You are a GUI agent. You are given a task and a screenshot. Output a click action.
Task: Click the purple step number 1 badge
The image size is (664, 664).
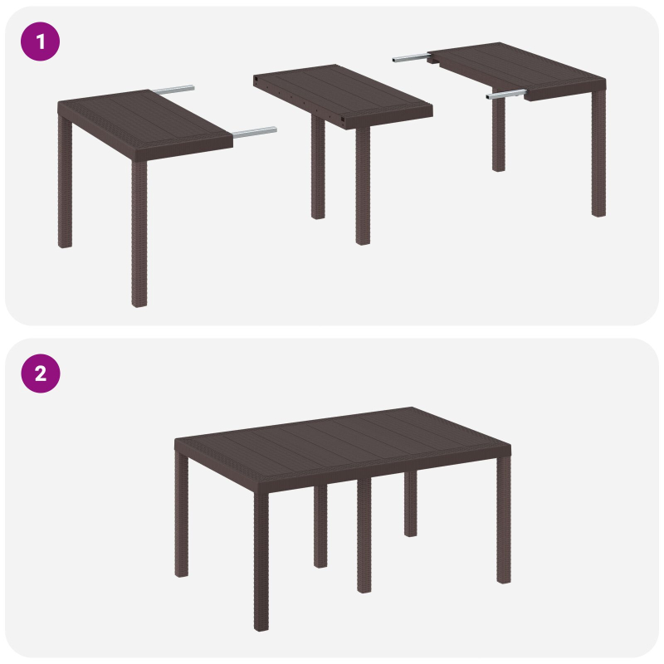click(x=40, y=41)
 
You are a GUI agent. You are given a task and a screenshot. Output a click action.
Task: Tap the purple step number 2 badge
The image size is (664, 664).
click(x=40, y=373)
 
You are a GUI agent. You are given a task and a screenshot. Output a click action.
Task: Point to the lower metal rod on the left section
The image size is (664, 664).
click(x=255, y=131)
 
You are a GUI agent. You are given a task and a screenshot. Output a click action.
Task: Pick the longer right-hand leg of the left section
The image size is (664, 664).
click(x=139, y=232)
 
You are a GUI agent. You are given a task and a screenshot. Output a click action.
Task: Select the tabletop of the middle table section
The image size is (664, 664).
click(x=340, y=91)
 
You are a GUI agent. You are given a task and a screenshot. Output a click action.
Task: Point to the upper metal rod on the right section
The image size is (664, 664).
click(x=411, y=58)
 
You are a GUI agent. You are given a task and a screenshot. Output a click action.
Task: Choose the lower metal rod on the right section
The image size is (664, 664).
click(x=506, y=95)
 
